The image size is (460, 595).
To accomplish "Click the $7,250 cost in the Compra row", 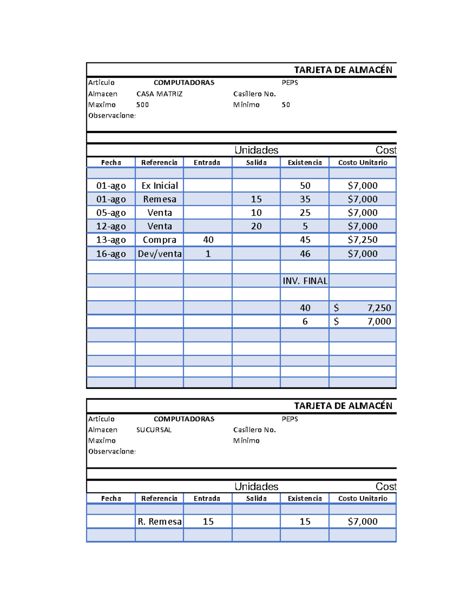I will [x=362, y=240].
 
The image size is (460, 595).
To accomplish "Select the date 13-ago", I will [x=111, y=240].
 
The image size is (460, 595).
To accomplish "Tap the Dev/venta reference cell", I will [x=159, y=254].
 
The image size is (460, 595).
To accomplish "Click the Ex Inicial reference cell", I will [x=159, y=186].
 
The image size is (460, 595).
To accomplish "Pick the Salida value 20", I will [x=256, y=226].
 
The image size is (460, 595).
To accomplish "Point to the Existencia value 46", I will [x=305, y=254].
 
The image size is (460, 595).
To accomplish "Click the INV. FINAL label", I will [x=305, y=281].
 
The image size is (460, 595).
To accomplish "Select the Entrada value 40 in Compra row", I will [x=208, y=240].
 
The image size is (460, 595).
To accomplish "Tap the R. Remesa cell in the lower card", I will [x=159, y=521].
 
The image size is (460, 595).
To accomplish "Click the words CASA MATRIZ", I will [x=159, y=94].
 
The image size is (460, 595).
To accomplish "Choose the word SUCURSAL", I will [x=154, y=430].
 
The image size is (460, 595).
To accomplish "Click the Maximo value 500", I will [x=142, y=105].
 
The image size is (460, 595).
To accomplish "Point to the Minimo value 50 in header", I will [x=286, y=105].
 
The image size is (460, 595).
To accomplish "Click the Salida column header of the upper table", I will [x=256, y=162].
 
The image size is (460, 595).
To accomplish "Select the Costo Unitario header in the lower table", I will [x=362, y=498].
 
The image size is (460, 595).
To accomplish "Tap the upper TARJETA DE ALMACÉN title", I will [x=343, y=70].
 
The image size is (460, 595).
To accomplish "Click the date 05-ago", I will [x=111, y=213].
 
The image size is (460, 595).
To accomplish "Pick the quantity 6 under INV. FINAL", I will [x=305, y=321].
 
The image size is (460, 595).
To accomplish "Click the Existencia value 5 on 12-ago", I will [x=305, y=226].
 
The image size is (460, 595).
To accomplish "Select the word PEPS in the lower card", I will [x=290, y=419].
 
